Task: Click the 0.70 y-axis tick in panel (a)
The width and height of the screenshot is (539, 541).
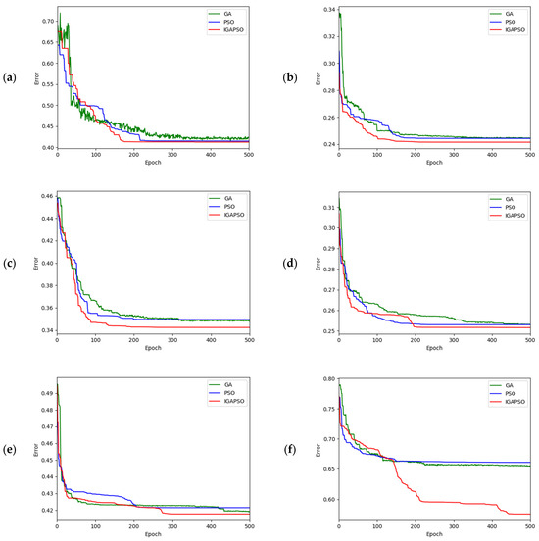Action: click(x=47, y=21)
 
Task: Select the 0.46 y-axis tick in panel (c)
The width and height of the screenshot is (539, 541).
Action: click(x=47, y=196)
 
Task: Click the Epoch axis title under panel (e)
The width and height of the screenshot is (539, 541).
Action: click(x=153, y=534)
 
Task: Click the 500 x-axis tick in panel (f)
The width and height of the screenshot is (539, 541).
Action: click(x=530, y=525)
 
